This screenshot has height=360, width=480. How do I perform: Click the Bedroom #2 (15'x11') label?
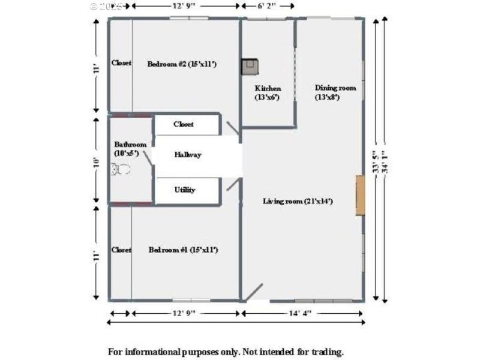[182, 64]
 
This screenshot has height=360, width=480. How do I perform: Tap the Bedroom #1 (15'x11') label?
[182, 250]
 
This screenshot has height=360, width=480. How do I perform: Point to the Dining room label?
[335, 88]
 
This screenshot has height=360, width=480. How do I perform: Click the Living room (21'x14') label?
[298, 201]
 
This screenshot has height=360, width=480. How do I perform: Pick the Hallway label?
[188, 154]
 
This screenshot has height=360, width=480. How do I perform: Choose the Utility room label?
[185, 190]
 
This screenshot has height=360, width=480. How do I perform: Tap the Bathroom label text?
[130, 145]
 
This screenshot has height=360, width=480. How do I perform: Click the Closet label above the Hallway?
[184, 124]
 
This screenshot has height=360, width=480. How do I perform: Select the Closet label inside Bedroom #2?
[121, 63]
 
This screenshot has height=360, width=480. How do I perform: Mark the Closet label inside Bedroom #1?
[121, 250]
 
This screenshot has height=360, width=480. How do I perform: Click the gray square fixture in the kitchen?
[250, 66]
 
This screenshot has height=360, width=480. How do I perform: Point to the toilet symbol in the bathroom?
[122, 170]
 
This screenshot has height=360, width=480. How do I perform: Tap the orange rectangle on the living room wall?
[359, 195]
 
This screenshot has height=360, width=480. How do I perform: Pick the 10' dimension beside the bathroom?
[95, 161]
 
